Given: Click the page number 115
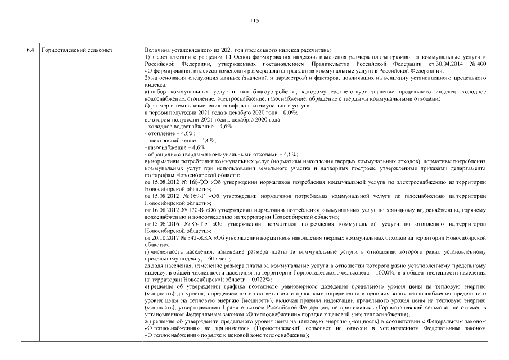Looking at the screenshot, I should click(x=254, y=21).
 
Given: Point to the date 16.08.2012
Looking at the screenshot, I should click(x=162, y=209).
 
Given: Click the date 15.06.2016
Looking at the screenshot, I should click(x=162, y=223).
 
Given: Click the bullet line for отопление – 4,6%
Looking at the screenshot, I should click(x=164, y=134).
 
